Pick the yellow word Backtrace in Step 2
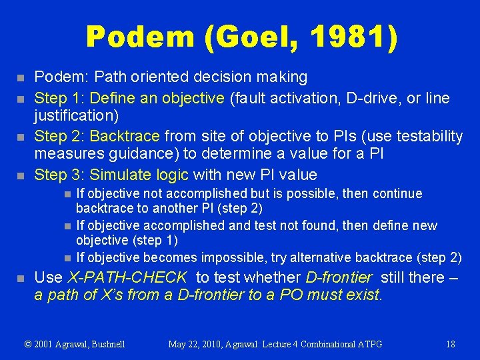(125, 137)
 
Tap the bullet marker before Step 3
(20, 176)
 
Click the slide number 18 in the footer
(451, 344)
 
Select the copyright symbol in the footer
(28, 344)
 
